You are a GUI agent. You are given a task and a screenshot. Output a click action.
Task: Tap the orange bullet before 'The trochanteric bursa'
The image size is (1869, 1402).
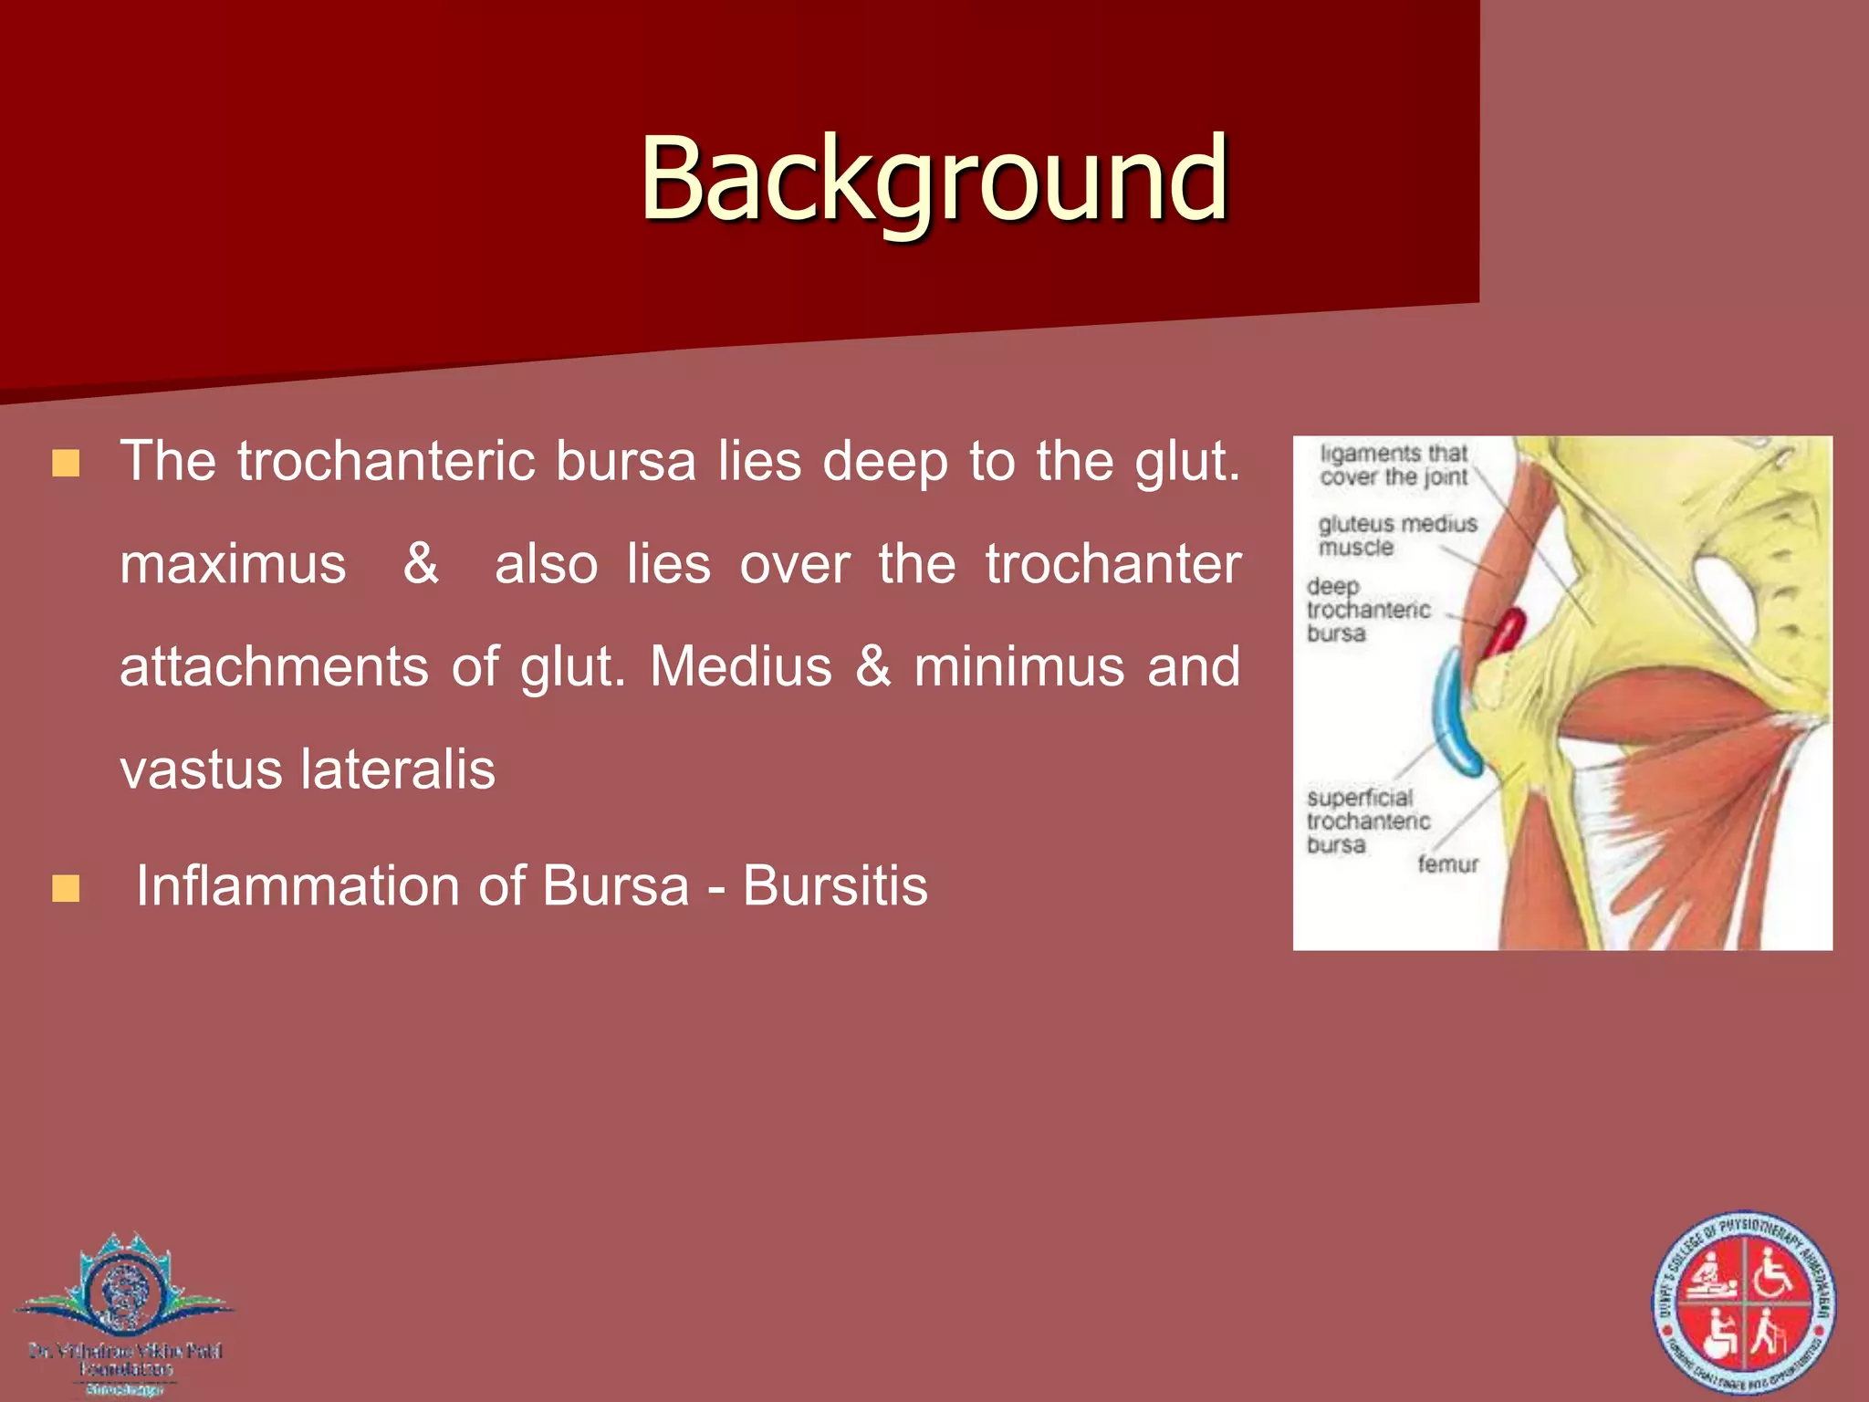point(66,463)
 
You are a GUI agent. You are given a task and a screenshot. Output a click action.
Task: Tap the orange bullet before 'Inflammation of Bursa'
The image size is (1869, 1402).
point(66,888)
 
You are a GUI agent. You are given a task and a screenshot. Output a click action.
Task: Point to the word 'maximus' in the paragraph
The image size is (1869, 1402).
point(233,564)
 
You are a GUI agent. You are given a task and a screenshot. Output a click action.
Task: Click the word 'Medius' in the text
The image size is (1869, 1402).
point(740,666)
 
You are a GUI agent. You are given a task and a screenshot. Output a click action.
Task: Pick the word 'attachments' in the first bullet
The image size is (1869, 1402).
point(274,666)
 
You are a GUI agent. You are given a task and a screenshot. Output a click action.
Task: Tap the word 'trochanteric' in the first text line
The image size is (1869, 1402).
point(386,461)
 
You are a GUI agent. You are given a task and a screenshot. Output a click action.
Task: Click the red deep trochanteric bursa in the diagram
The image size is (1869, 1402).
point(1504,632)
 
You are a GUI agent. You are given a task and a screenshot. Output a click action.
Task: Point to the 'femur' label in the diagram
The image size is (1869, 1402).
point(1447,863)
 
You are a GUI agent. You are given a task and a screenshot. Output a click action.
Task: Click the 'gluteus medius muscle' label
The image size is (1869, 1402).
point(1396,535)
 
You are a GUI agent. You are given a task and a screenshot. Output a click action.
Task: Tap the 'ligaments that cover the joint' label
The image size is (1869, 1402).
point(1393,465)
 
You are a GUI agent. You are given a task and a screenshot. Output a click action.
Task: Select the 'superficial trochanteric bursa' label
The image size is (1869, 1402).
point(1367,821)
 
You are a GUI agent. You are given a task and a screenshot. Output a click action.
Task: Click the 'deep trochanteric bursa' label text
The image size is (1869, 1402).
point(1367,609)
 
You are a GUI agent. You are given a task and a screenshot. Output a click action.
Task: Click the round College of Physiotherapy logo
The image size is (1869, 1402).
point(1743,1303)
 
